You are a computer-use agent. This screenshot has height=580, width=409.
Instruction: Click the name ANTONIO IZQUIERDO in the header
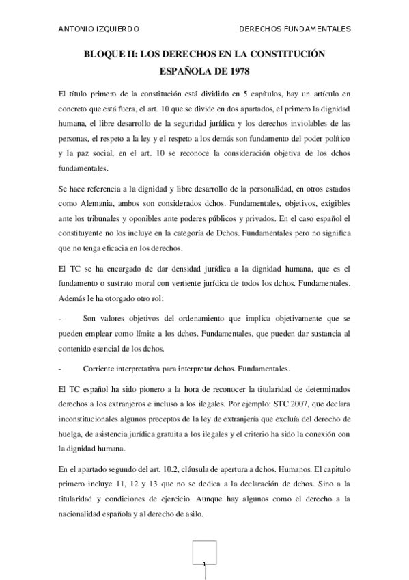tap(100, 29)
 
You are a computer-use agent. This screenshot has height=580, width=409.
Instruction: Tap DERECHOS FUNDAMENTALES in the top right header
tap(296, 29)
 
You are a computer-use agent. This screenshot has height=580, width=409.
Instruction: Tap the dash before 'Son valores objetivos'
tap(61, 319)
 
